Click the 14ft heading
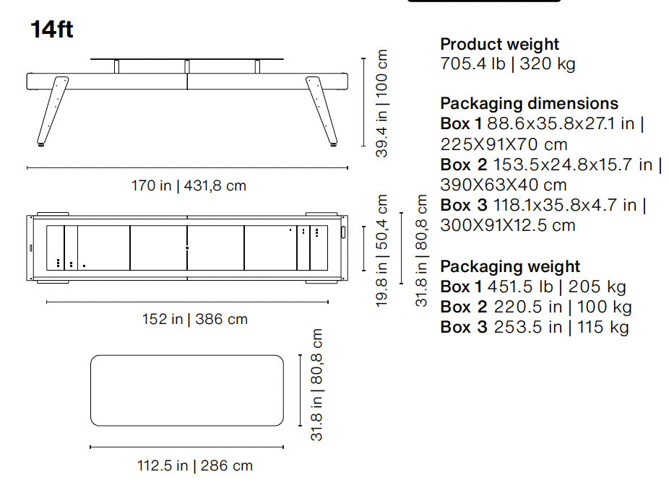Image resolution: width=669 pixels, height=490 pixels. pos(51,30)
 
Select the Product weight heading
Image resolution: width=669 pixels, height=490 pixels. pos(499,44)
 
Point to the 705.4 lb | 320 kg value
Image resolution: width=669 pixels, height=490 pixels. pos(508,64)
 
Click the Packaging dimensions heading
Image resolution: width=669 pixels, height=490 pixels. pos(529,103)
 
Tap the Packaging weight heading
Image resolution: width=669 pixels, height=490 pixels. pos(510,267)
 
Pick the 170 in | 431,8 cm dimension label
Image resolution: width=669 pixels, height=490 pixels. pos(189,185)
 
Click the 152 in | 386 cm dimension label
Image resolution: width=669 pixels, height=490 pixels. pos(195,319)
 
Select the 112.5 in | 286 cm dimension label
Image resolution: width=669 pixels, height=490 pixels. pos(195,465)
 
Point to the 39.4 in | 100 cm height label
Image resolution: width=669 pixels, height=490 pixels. pos(382,103)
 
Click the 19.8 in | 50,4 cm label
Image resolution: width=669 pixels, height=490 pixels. pos(382,250)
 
